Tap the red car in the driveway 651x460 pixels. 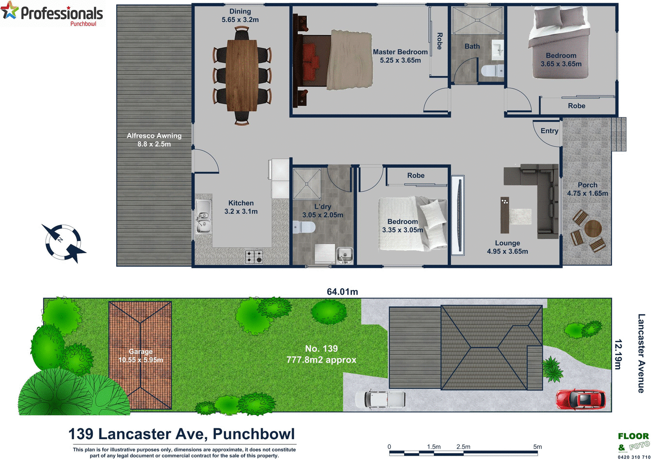(x=581, y=399)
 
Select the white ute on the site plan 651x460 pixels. (x=380, y=399)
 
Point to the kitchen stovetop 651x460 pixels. (x=254, y=256)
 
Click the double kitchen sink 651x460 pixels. (x=203, y=216)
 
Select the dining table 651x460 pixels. (x=242, y=75)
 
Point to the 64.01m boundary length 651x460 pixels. (x=342, y=292)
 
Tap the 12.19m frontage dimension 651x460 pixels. (x=618, y=354)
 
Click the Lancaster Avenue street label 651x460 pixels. (x=641, y=353)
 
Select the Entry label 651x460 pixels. (x=549, y=131)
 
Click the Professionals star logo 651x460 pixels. (x=10, y=11)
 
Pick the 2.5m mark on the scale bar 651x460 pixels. (x=463, y=447)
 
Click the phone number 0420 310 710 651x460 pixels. (x=634, y=457)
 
